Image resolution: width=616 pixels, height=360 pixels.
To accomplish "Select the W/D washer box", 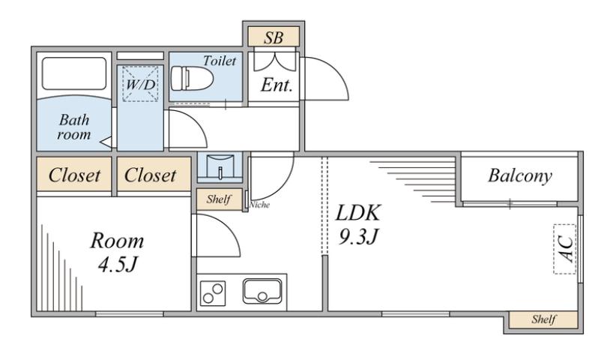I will point(139,82).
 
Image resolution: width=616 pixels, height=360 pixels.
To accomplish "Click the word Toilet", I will point(219,61).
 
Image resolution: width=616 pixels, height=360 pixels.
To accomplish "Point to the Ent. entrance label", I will point(275,85).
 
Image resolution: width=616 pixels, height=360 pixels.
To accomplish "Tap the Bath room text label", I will point(74,127).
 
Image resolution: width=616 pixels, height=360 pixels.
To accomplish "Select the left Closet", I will point(74,175).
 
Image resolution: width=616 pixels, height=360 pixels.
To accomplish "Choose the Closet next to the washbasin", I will point(151,175).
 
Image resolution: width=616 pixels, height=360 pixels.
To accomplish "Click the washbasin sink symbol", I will point(219,167).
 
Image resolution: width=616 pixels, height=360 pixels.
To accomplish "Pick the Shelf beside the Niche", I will point(219,200).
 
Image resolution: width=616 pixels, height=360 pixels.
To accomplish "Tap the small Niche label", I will point(260,204).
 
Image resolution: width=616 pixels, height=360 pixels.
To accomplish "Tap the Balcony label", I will point(519,176).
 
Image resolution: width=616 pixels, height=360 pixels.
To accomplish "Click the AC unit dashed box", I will point(565,247).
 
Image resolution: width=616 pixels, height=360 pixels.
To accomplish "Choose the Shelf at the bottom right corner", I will point(543,319).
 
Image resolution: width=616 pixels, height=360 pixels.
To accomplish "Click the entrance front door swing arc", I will point(330,79).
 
